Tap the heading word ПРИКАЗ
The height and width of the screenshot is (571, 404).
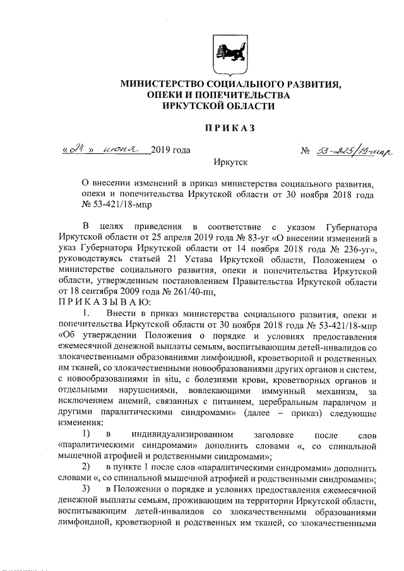click(229, 129)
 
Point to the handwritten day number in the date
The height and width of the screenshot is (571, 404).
click(78, 151)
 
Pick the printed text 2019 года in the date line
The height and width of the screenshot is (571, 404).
click(171, 151)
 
